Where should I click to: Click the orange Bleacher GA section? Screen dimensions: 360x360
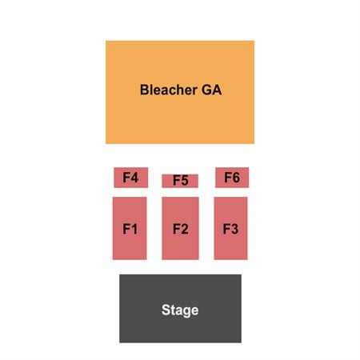[180, 92]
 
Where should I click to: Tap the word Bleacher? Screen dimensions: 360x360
[169, 90]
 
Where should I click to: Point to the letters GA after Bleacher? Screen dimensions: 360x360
[212, 90]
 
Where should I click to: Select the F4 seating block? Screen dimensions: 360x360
[131, 178]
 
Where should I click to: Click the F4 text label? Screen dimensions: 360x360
[130, 178]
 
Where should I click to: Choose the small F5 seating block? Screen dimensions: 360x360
[180, 181]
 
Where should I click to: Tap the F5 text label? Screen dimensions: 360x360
[181, 180]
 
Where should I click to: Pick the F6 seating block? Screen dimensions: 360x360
[232, 178]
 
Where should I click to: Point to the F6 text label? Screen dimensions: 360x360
[232, 178]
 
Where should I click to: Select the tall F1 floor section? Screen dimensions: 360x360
[130, 228]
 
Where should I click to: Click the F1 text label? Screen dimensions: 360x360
[130, 229]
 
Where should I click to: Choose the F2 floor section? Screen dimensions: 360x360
[180, 228]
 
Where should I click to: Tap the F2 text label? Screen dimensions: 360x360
[181, 229]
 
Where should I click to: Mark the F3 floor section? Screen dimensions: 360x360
[230, 228]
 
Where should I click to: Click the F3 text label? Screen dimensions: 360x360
[230, 229]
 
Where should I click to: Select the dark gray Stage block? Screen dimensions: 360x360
[180, 309]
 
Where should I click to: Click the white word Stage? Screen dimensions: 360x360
[180, 310]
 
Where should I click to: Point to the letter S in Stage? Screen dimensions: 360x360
[166, 310]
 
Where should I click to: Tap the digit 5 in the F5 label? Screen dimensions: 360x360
[185, 180]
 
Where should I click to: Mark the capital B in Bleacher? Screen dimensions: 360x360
[145, 90]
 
